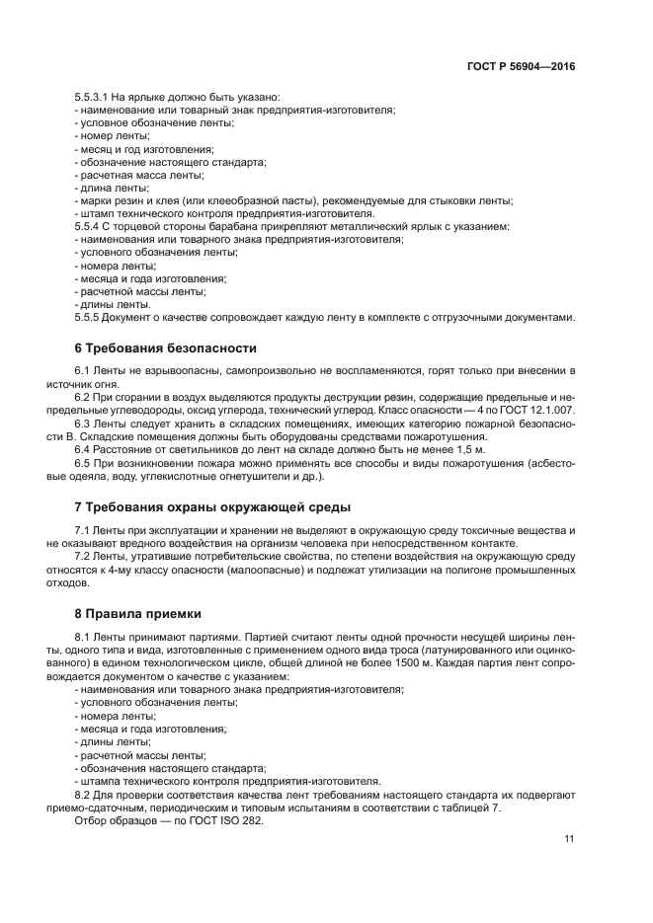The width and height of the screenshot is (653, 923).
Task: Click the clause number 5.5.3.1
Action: (94, 97)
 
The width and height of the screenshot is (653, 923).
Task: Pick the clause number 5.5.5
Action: (88, 317)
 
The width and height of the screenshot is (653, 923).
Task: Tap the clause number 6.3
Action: (83, 423)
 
